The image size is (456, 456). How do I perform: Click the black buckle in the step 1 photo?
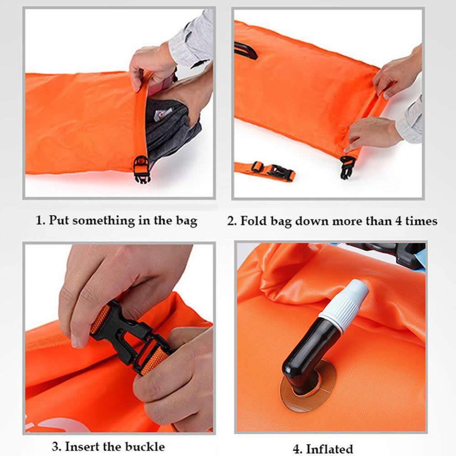[142, 170]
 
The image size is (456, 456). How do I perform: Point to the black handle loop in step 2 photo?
[246, 50]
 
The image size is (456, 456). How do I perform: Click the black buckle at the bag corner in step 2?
[347, 167]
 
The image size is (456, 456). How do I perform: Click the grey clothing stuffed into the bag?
[171, 128]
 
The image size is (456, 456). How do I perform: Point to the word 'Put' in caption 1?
[59, 220]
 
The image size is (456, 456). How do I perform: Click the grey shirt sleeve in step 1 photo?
[192, 38]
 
